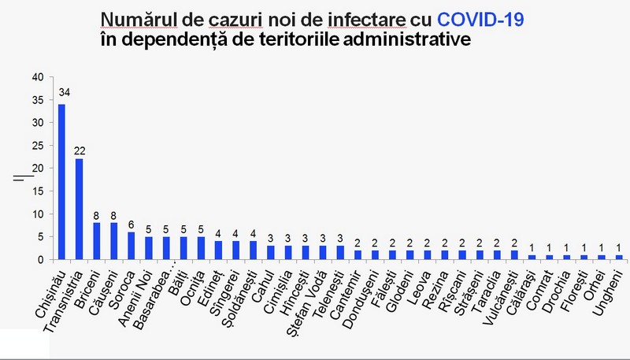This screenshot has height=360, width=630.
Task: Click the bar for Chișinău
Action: click(x=62, y=182)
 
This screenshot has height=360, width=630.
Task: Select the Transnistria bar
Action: click(x=80, y=209)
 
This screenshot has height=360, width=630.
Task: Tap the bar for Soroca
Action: click(x=132, y=246)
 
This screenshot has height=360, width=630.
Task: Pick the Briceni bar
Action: click(x=97, y=241)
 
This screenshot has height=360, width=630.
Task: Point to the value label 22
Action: click(x=80, y=150)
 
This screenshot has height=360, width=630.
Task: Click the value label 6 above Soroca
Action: click(x=132, y=224)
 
